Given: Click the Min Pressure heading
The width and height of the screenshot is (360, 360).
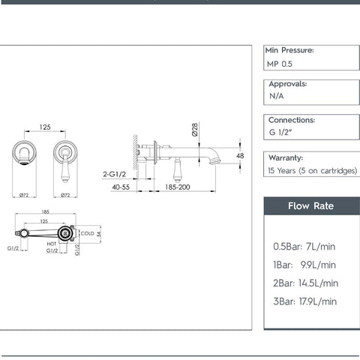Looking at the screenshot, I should [289, 50].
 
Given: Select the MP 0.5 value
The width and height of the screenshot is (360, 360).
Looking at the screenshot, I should [280, 64].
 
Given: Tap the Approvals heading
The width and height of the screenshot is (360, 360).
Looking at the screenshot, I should [288, 84].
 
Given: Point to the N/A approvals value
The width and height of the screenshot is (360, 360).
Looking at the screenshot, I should [277, 97].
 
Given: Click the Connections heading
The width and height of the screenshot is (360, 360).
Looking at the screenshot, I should [292, 119].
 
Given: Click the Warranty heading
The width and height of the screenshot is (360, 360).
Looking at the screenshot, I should [285, 157].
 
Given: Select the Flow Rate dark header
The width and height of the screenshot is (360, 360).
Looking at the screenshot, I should [311, 206].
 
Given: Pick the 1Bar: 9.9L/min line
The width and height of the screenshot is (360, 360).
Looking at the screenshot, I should [305, 265].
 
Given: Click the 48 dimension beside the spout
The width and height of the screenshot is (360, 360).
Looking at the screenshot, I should [240, 156].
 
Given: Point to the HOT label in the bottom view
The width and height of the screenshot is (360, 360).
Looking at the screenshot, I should [52, 244].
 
